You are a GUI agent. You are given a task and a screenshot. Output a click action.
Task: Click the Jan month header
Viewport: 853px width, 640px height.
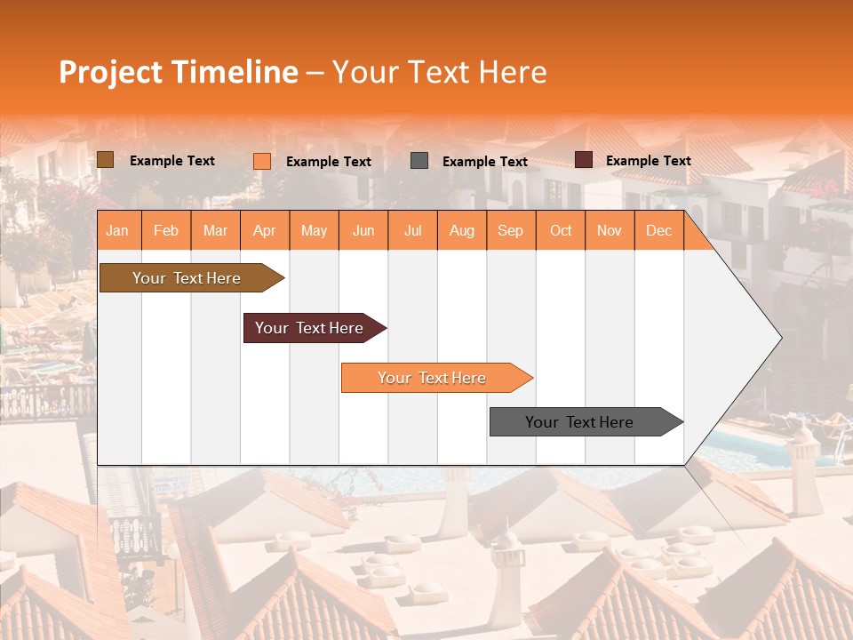[x=118, y=231]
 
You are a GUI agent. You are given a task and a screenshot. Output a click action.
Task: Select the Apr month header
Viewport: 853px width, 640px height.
[x=265, y=231]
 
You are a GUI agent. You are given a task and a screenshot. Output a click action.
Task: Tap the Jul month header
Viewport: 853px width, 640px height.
[x=413, y=231]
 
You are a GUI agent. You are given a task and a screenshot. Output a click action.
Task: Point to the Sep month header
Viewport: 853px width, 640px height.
[x=511, y=231]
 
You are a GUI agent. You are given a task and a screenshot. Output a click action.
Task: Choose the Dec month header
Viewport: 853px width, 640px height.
[x=659, y=231]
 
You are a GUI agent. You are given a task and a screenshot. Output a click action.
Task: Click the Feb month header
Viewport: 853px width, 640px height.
[x=166, y=231]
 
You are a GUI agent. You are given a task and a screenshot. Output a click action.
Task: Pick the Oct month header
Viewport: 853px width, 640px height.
[x=561, y=231]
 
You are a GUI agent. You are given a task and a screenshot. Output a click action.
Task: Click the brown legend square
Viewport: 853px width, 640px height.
[x=106, y=160]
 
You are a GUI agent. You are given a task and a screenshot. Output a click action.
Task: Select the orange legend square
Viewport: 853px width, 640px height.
[x=262, y=161]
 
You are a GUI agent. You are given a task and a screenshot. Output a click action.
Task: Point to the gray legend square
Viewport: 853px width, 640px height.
[x=419, y=160]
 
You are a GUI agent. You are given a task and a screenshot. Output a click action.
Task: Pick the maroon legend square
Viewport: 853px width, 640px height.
[x=584, y=160]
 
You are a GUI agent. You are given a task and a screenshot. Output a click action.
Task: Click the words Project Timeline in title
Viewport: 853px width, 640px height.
[x=178, y=72]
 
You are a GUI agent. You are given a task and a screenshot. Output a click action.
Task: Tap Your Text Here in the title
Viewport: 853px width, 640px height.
[x=440, y=72]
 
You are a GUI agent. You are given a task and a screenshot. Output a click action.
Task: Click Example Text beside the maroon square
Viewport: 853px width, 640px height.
[x=648, y=161]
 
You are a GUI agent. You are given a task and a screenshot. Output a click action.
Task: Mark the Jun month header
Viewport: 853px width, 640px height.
[x=363, y=231]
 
